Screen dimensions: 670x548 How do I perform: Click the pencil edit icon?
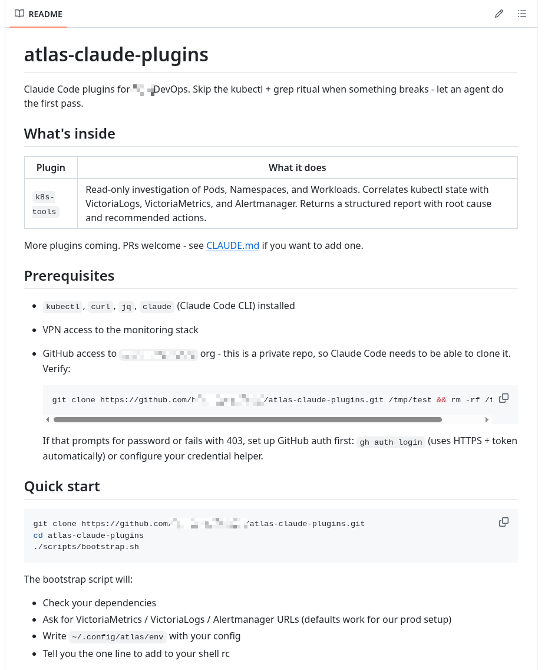(x=499, y=14)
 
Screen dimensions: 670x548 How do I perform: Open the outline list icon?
(x=521, y=14)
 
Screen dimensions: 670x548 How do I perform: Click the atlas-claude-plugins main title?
(x=116, y=55)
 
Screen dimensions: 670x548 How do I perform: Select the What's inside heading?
(x=70, y=134)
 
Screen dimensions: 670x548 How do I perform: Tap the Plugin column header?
(x=51, y=167)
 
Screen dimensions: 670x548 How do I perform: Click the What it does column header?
(x=297, y=167)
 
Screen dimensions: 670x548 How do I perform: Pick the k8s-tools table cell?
(x=45, y=204)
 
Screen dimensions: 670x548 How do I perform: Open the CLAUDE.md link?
(x=233, y=245)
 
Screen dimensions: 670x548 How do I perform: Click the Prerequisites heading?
(x=69, y=276)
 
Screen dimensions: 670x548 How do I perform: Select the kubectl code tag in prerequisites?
(x=62, y=307)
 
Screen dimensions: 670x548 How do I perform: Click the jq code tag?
(x=126, y=307)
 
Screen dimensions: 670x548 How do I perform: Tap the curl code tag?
(x=101, y=307)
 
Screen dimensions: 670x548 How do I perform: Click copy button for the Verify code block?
(x=504, y=399)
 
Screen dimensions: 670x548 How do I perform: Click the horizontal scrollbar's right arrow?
(x=487, y=420)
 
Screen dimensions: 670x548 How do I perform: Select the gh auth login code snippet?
(x=391, y=442)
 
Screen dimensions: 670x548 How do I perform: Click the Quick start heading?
(x=62, y=487)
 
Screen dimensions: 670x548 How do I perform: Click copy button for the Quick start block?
(x=504, y=523)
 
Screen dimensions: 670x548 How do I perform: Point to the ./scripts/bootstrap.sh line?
(x=86, y=547)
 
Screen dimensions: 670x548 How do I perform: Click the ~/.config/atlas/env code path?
(x=118, y=636)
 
